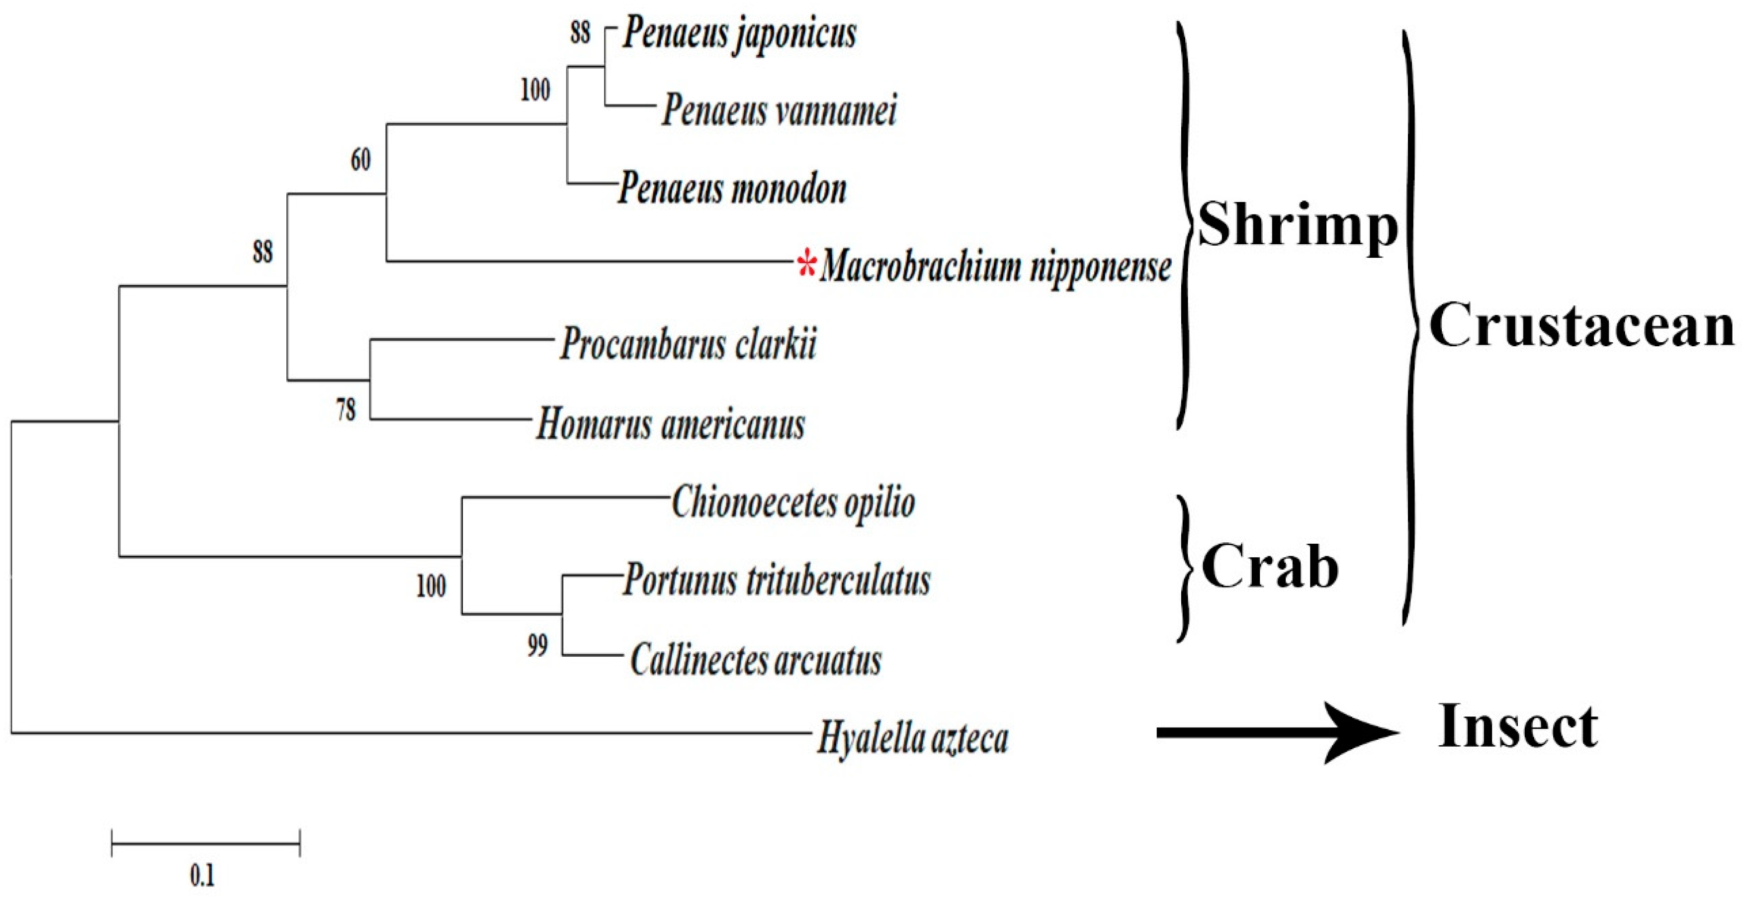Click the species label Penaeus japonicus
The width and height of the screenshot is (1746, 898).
(739, 34)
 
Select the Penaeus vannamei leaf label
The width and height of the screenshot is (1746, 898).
(779, 110)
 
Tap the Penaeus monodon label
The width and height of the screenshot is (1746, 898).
(732, 188)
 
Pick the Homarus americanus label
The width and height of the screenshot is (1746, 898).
(670, 424)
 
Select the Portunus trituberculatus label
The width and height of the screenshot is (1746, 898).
(777, 581)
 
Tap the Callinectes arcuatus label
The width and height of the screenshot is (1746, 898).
(756, 659)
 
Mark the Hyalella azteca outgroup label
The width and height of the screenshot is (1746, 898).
(912, 737)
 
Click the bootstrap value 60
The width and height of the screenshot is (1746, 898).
(360, 160)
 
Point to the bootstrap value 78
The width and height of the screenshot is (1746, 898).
(346, 409)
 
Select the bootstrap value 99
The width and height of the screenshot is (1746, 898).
(537, 646)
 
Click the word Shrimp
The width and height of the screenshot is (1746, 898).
(1297, 225)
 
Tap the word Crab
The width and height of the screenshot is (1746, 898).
(1270, 567)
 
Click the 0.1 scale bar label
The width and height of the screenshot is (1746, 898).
(202, 876)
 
